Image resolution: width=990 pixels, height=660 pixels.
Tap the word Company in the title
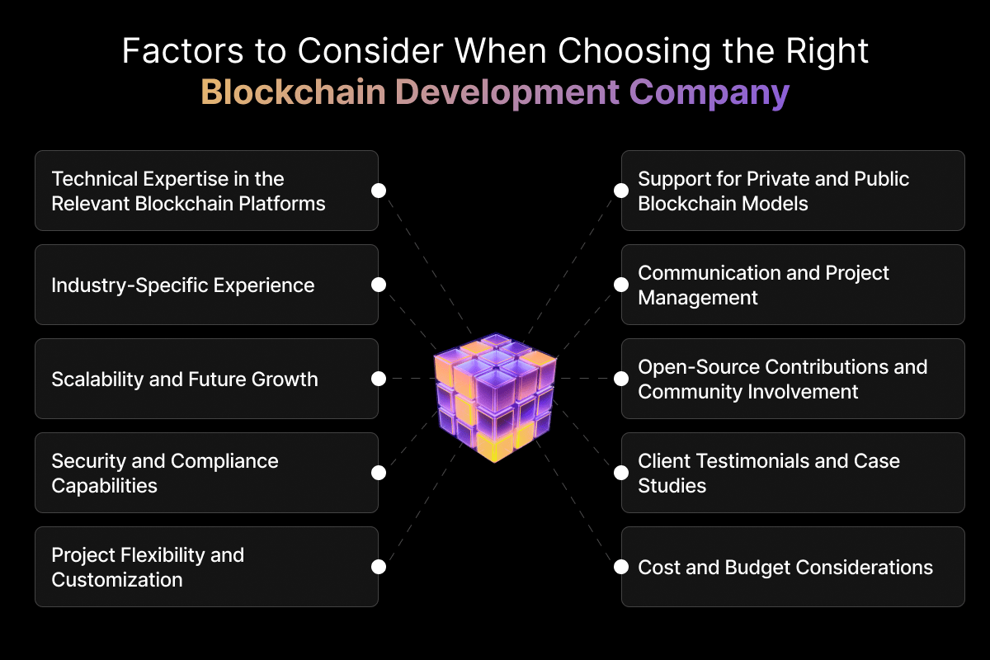[x=709, y=94]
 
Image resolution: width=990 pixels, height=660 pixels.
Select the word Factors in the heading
[x=182, y=51]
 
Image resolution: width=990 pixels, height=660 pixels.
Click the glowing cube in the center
[x=495, y=398]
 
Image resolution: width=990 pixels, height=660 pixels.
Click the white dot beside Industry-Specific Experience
[x=379, y=285]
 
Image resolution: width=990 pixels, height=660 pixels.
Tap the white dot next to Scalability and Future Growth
[x=379, y=379]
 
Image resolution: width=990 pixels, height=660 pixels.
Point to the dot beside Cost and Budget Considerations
[x=621, y=567]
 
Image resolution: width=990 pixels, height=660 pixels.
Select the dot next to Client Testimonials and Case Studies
[x=621, y=473]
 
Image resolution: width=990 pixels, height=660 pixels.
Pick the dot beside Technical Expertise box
[x=379, y=191]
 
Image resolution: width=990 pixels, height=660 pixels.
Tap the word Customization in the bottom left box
[x=117, y=579]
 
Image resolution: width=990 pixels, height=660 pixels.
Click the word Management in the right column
[x=698, y=298]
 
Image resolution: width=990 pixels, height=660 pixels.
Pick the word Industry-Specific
[x=130, y=286]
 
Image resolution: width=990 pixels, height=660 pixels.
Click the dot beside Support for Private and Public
[x=621, y=191]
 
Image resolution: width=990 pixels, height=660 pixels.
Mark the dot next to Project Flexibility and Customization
[x=379, y=567]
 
